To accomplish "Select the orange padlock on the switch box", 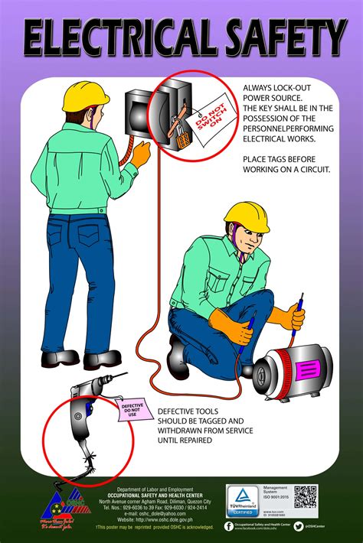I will pyautogui.click(x=182, y=138).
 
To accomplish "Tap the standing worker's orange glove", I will pyautogui.click(x=141, y=153).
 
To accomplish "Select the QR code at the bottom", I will pyautogui.click(x=306, y=496).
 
